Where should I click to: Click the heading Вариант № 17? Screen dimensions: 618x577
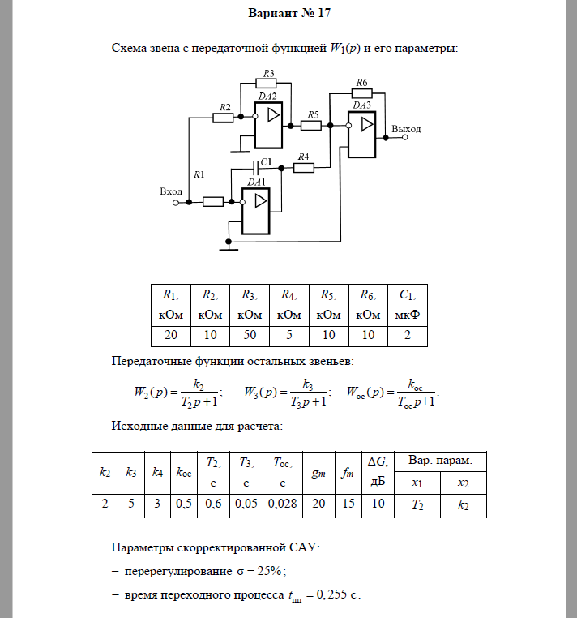point(288,14)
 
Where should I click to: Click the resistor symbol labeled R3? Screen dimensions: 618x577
point(266,83)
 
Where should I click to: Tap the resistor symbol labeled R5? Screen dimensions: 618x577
point(311,126)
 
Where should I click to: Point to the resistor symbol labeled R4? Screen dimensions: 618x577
point(304,168)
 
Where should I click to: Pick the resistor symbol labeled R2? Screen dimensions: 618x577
point(223,118)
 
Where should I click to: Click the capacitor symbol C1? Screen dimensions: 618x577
point(256,168)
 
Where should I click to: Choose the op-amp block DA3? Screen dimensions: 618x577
point(362,134)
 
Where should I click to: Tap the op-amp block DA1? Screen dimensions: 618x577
point(258,210)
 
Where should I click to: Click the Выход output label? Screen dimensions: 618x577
point(405,129)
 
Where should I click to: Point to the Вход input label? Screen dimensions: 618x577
point(171,191)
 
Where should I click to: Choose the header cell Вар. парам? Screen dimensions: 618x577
point(440,461)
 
